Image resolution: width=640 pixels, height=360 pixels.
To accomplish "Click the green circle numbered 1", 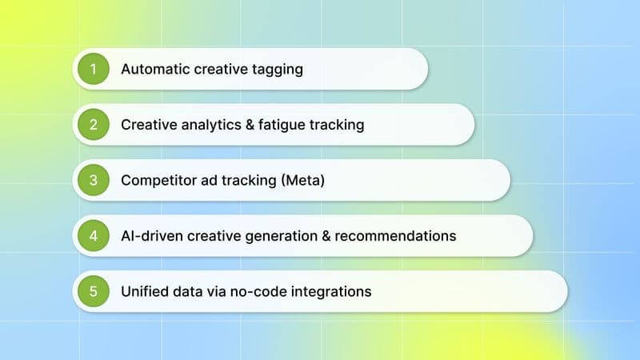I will click(94, 69).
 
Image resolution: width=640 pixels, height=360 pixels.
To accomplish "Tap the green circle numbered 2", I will click(94, 125).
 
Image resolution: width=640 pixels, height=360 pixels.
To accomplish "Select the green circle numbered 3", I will click(94, 180).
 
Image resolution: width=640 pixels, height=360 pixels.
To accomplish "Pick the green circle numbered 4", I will click(94, 236).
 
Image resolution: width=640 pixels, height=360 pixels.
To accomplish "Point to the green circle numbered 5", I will click(94, 291).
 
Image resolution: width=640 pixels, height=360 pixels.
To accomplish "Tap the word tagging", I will click(276, 70).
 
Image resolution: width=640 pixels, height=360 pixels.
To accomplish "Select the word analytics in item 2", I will click(202, 125).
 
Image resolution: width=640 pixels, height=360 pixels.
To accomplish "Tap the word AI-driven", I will click(150, 236).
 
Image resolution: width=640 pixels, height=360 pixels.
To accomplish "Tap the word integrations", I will click(332, 292).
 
